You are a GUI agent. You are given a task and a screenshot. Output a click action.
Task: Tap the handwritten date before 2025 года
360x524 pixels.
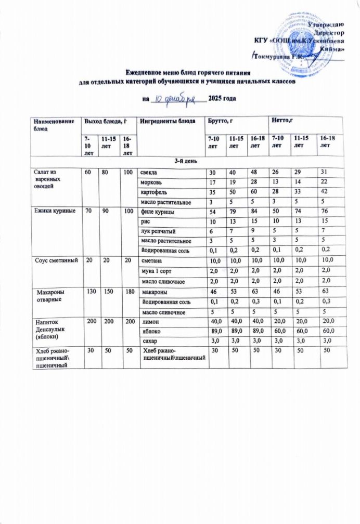point(174,98)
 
